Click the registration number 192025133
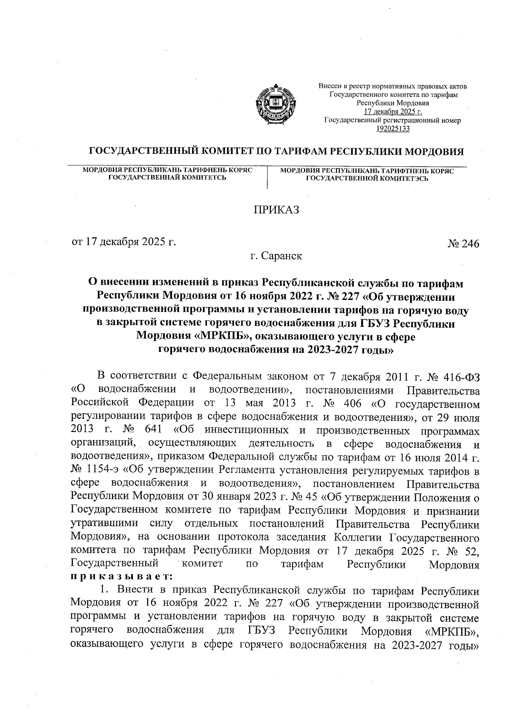[393, 128]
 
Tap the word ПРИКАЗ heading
[276, 210]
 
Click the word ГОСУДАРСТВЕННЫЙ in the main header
[141, 152]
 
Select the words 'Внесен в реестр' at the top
[341, 86]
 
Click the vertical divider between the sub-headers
[267, 178]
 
